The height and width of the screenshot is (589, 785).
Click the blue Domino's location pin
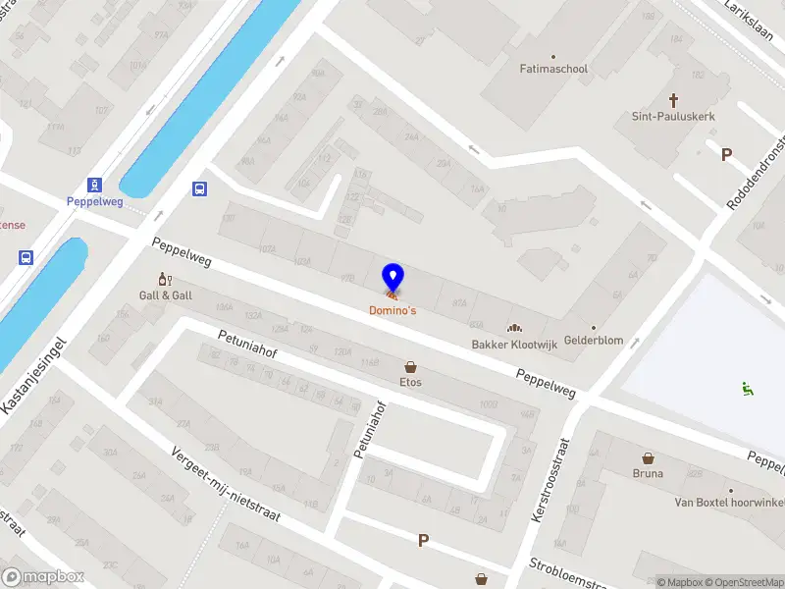point(392,276)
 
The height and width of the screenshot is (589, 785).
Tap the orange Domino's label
point(392,311)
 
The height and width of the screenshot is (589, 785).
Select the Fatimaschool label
point(553,70)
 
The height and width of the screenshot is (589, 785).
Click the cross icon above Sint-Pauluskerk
point(674,100)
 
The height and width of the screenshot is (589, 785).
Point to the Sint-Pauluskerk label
point(673,116)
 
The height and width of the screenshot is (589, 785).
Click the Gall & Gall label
point(165,295)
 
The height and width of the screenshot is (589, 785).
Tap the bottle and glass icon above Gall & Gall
point(165,280)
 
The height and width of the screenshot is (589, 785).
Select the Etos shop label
point(410,382)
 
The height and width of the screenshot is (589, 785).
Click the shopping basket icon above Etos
point(410,366)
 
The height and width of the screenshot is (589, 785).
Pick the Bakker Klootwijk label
point(512,345)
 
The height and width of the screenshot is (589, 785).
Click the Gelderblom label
point(594,341)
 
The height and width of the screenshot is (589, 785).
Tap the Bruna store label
point(648,473)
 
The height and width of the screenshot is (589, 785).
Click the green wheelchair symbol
point(749,389)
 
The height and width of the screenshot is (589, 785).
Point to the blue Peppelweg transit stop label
point(94,201)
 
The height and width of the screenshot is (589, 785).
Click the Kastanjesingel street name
point(33,376)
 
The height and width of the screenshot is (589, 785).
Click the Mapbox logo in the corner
point(42,577)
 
